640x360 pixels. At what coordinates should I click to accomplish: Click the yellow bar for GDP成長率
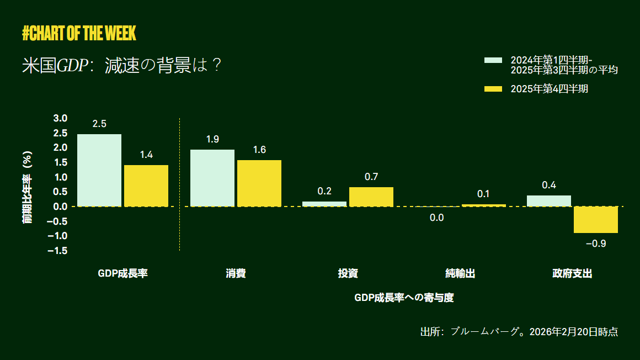click(146, 186)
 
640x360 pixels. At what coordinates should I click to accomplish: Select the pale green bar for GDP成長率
click(99, 170)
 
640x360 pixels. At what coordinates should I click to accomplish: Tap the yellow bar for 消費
click(259, 183)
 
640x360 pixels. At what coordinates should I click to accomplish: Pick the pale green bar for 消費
click(212, 178)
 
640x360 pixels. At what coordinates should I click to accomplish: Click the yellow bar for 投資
click(371, 197)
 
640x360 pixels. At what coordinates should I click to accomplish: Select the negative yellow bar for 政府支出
click(596, 220)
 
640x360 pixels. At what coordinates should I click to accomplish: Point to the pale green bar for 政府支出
click(549, 201)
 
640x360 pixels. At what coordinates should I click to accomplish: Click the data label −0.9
click(596, 243)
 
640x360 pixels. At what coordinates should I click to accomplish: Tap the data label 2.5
click(99, 124)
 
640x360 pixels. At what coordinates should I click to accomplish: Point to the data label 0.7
click(371, 177)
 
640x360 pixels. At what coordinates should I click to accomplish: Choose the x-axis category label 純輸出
click(460, 273)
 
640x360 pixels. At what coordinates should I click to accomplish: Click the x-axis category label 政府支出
click(572, 273)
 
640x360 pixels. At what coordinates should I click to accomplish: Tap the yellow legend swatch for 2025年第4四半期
click(493, 89)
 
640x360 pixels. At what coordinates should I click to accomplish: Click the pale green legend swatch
click(493, 60)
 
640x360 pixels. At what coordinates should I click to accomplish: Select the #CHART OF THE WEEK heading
click(79, 34)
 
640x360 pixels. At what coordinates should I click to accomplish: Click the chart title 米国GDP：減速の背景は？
click(122, 66)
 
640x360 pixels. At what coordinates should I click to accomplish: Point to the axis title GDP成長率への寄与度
click(404, 298)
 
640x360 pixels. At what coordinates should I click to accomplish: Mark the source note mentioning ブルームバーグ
click(519, 332)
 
